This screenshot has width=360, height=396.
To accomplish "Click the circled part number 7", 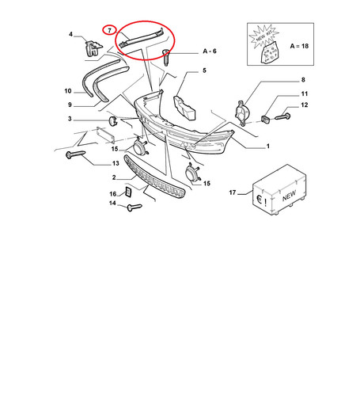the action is click(x=109, y=30).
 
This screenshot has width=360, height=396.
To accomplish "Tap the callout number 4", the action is click(x=70, y=34).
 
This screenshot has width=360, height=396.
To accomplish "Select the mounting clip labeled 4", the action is click(x=93, y=48).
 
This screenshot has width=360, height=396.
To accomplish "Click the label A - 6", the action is click(x=210, y=51).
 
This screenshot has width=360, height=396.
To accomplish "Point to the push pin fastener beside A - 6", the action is click(x=166, y=57).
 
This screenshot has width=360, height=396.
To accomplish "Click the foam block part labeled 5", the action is click(x=184, y=108).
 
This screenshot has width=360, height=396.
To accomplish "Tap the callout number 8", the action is click(x=303, y=80).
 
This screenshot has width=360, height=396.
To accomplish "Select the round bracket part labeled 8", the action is click(x=242, y=113).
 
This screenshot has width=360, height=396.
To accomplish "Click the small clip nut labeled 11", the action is click(x=265, y=119).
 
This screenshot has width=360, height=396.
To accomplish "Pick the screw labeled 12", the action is click(x=282, y=116).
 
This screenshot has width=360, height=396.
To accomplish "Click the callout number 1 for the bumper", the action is click(x=268, y=147).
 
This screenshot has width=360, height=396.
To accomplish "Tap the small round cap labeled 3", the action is click(x=113, y=120).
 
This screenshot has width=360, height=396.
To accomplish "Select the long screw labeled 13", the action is click(x=75, y=154).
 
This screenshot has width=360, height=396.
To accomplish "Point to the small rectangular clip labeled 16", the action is click(x=128, y=192).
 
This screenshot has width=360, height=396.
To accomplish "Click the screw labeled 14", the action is click(x=135, y=208).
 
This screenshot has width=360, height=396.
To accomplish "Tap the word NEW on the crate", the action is click(x=290, y=196).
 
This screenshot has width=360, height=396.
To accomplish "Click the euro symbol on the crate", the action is click(x=260, y=200).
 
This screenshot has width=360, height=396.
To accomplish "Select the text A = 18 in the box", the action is click(x=299, y=46).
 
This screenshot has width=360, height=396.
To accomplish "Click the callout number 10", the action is click(x=68, y=91).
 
